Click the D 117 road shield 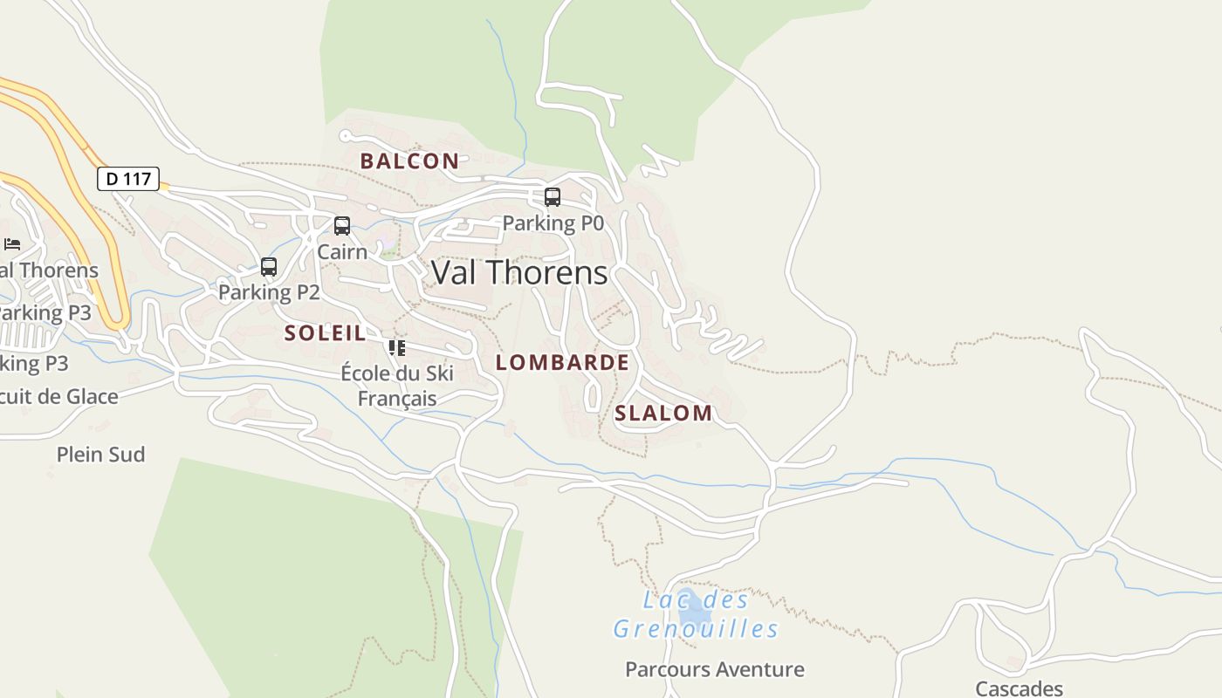point(128,179)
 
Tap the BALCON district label point(409,161)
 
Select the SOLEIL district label point(325,332)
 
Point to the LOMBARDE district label point(562,362)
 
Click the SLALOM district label point(663,413)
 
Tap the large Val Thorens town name point(519,272)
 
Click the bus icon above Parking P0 point(552,197)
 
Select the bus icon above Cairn point(342,226)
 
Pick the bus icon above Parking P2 point(269,267)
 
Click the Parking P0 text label point(553,223)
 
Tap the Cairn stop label point(342,251)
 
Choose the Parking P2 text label point(269,292)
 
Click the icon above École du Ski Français point(397,348)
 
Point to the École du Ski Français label point(397,386)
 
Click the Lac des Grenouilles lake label point(696,614)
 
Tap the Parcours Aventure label point(715,669)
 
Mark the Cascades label point(1019,688)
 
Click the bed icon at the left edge point(12,244)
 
